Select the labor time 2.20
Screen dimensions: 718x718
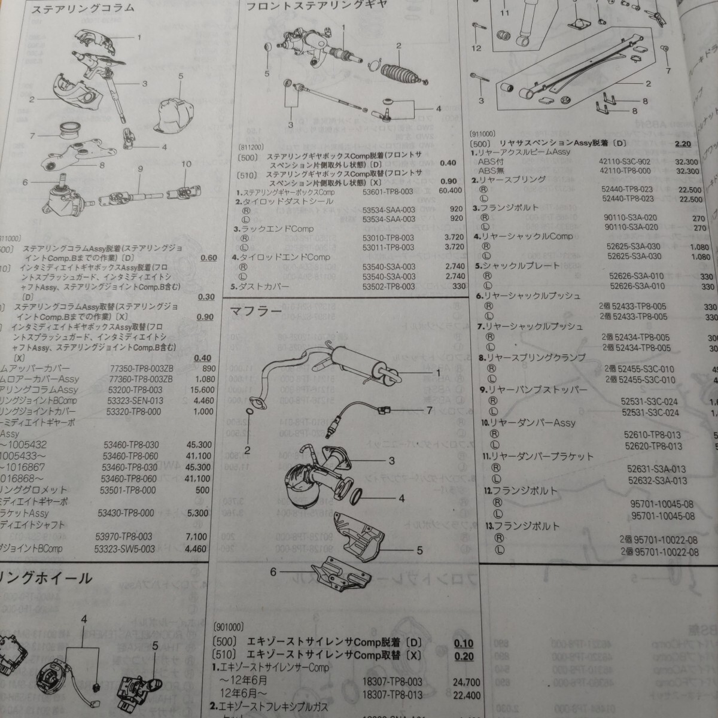pos(683,144)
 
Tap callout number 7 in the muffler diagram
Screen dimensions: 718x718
pos(428,410)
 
